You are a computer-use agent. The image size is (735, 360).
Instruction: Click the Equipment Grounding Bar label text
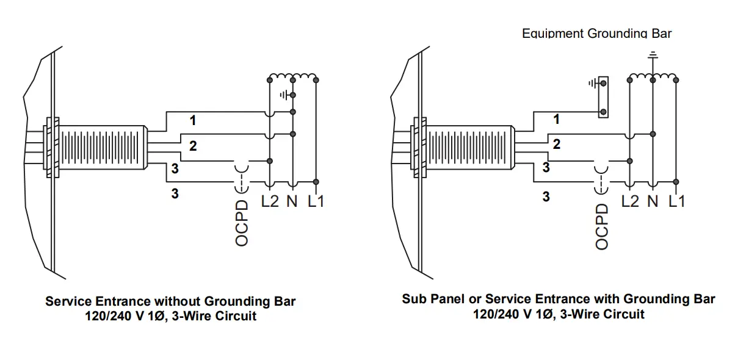(596, 34)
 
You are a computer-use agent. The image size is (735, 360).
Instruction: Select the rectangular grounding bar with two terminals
(603, 97)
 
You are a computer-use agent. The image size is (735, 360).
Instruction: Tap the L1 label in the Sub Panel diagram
(677, 201)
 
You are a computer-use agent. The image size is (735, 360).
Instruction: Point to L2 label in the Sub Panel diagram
(630, 201)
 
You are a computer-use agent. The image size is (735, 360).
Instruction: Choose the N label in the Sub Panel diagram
(653, 201)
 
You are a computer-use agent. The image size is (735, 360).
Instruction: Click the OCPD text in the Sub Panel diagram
(602, 226)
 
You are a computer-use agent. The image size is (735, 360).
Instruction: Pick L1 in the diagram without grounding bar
(316, 201)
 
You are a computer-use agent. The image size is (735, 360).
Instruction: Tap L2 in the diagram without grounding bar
(270, 201)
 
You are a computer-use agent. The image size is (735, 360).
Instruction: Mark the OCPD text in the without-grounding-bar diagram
(242, 223)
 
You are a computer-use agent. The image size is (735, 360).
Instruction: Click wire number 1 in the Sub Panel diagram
(556, 120)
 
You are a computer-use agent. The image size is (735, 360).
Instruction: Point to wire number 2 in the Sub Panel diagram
(556, 145)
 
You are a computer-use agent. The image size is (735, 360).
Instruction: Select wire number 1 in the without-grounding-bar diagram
(193, 120)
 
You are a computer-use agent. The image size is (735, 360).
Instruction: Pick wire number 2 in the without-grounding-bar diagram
(193, 146)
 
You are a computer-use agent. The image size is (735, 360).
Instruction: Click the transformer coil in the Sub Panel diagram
(653, 77)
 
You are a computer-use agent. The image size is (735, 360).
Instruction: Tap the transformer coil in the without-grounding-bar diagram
(293, 77)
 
